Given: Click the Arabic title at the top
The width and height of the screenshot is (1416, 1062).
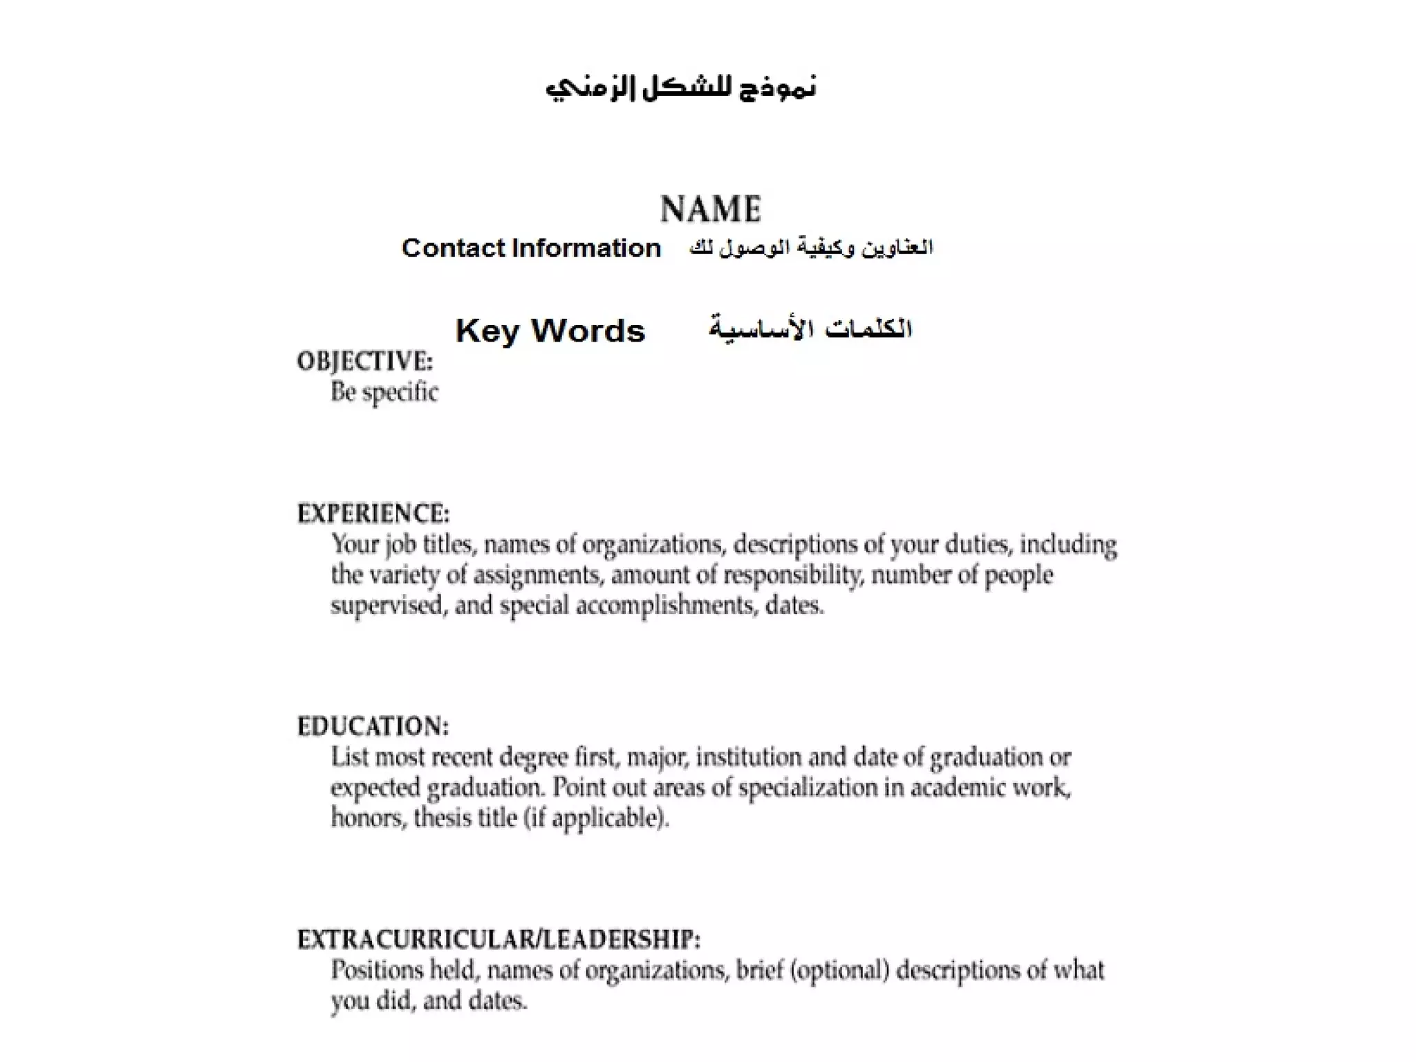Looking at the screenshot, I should pos(681,88).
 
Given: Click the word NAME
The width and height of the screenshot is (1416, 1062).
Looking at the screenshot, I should pos(711,209).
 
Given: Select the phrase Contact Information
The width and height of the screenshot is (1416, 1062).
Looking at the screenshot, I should pos(531,248).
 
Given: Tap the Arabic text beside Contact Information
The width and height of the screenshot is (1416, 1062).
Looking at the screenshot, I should pos(811,247).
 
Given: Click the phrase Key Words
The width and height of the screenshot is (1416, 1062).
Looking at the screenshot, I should pos(550,330).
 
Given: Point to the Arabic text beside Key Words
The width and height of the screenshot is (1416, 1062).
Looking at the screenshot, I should pos(810,329).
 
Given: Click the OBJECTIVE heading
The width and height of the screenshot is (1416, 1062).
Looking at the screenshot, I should pos(365,361).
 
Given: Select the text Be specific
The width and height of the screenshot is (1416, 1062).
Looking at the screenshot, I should pos(384,392).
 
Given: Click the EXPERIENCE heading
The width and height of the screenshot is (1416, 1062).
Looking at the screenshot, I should pos(373,514).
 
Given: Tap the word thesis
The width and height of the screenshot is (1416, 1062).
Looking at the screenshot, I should pos(441,819).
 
